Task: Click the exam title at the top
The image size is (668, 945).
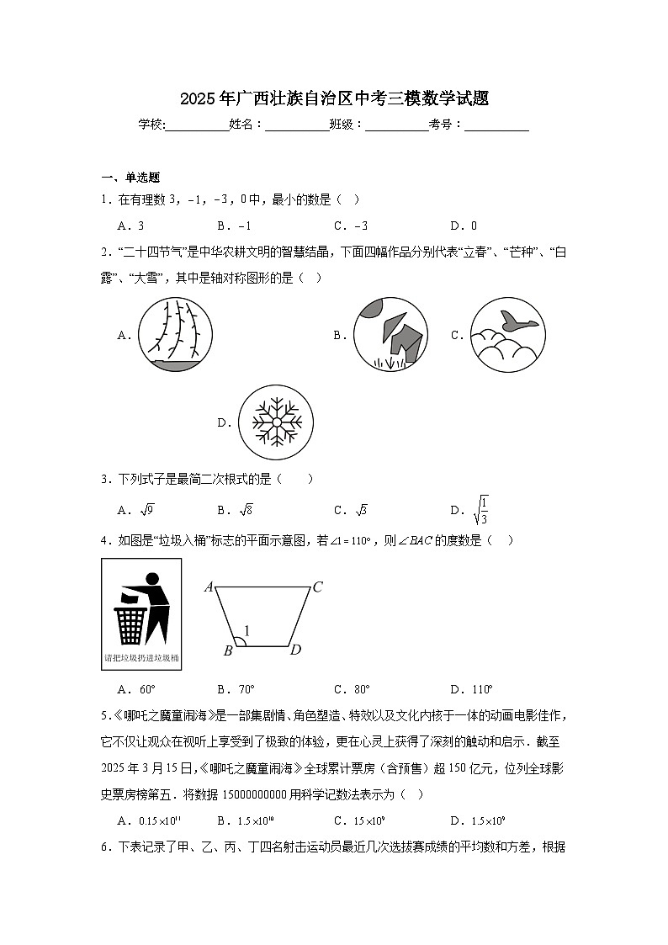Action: point(334,99)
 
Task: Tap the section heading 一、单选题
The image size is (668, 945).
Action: point(130,178)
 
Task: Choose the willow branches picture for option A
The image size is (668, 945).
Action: point(175,334)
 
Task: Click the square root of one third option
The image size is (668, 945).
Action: point(480,509)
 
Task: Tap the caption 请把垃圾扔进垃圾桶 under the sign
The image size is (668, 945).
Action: point(141,658)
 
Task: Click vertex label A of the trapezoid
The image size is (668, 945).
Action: point(209,587)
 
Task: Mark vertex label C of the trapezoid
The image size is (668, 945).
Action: point(318,587)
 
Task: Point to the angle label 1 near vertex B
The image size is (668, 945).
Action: point(247,630)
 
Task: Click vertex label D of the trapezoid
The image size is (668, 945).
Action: point(295,650)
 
